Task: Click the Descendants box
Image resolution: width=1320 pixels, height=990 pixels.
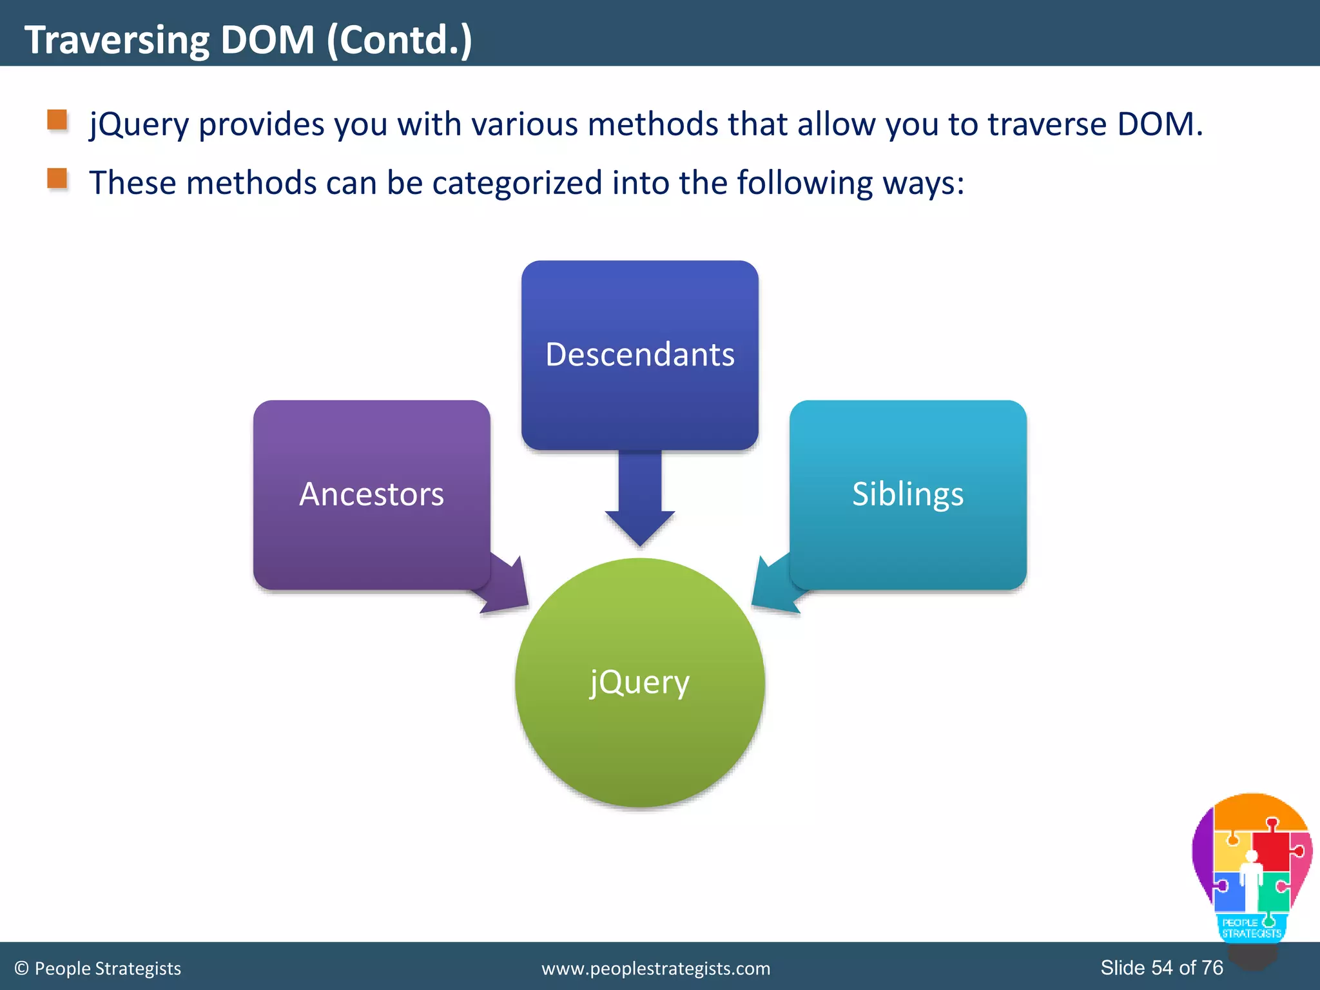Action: coord(639,354)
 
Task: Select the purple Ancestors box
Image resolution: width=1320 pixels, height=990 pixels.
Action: coord(371,494)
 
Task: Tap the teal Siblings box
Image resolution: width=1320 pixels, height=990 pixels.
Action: coord(907,494)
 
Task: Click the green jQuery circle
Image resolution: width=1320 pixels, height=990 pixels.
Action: coord(639,683)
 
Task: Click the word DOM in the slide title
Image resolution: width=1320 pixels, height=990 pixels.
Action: coord(267,40)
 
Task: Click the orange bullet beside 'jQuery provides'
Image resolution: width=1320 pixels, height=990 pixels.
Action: coord(57,120)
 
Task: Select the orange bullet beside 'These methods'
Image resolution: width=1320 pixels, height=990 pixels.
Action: coord(57,179)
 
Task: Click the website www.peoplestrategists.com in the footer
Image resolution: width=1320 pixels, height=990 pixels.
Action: coord(655,969)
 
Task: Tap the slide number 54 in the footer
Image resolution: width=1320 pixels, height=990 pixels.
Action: coord(1162,967)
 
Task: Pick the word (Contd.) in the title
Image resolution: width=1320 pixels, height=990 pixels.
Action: coord(400,40)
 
